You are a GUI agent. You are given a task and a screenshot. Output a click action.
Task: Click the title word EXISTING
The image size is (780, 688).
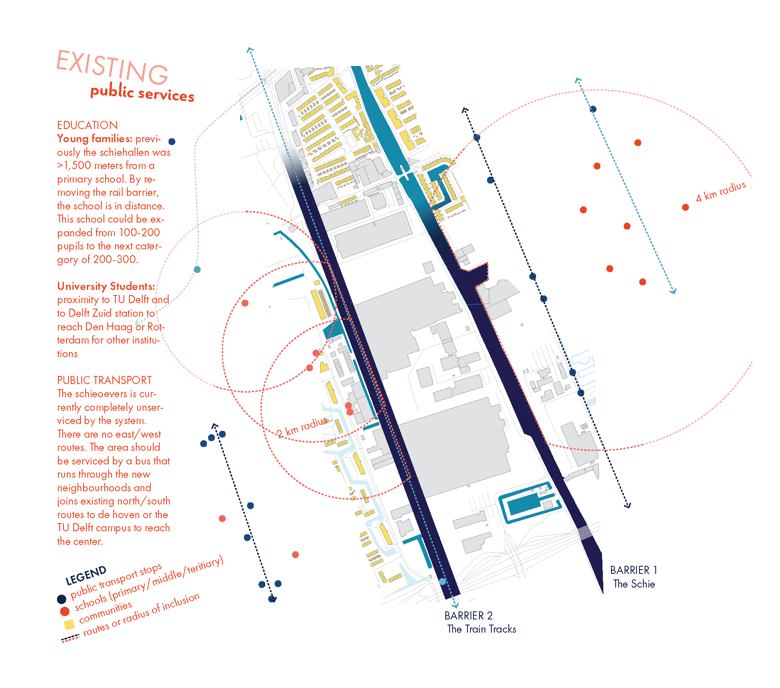tap(112, 67)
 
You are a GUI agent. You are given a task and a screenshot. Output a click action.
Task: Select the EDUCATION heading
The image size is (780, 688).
tap(87, 125)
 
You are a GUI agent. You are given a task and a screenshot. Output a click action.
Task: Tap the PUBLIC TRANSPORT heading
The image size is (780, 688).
tap(104, 380)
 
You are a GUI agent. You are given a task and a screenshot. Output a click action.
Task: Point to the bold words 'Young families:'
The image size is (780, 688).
tap(95, 139)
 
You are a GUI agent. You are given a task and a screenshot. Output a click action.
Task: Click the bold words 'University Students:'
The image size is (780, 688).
tap(106, 286)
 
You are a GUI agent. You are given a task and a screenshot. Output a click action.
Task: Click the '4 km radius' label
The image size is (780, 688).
tap(720, 192)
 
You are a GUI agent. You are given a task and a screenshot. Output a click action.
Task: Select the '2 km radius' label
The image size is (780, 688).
tap(302, 427)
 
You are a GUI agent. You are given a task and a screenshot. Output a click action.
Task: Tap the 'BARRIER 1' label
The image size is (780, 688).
tap(634, 570)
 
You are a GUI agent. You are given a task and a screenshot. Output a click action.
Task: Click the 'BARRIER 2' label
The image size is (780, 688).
tap(468, 616)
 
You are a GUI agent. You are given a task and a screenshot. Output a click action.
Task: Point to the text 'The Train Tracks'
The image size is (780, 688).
tap(482, 629)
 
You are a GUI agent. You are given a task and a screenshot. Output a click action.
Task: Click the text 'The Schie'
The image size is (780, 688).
tap(634, 584)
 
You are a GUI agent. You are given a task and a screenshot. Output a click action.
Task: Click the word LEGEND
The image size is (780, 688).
tap(86, 576)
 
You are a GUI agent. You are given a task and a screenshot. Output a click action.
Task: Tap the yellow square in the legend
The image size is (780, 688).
tap(69, 625)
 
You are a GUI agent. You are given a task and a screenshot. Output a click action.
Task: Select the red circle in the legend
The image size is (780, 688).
tap(65, 611)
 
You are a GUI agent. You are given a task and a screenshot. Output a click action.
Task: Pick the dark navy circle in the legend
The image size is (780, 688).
tap(62, 599)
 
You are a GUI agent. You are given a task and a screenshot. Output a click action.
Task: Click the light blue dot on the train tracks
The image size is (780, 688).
tap(443, 581)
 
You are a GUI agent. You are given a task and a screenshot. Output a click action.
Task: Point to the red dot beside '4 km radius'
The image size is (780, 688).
tap(685, 207)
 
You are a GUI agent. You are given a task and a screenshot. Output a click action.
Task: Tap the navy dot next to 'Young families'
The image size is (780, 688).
tap(172, 141)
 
